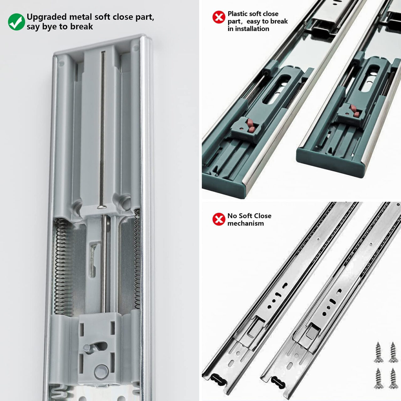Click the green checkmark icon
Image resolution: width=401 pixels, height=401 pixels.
(16, 22)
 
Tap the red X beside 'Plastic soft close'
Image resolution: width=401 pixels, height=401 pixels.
(218, 17)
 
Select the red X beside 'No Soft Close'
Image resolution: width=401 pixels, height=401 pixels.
(218, 219)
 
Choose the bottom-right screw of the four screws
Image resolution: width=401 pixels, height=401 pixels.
(393, 378)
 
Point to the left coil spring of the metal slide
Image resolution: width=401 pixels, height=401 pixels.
(61, 266)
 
